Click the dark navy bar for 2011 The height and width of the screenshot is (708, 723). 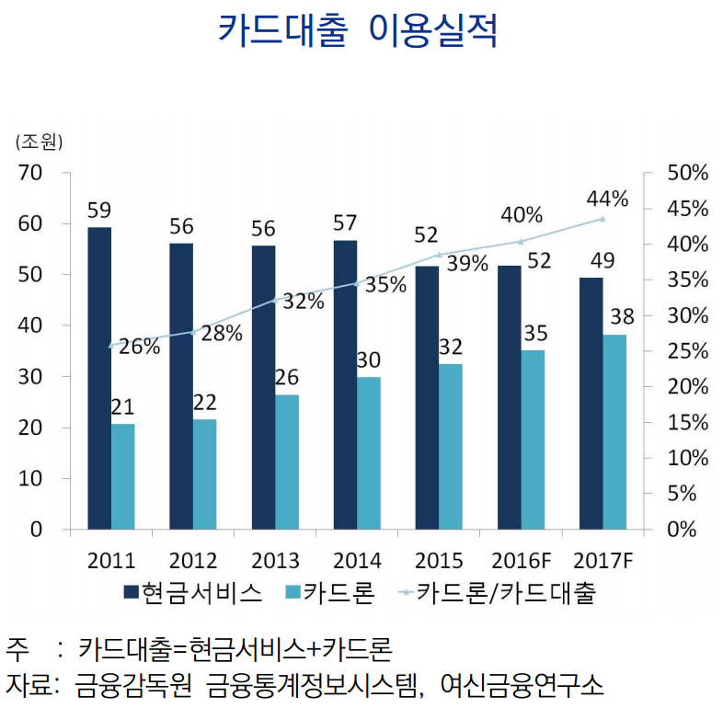(x=99, y=378)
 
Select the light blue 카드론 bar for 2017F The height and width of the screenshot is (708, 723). (x=614, y=432)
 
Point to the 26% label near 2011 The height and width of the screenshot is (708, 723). (x=139, y=347)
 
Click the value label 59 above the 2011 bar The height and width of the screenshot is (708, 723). (x=99, y=211)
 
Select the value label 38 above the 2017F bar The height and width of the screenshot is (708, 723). (x=622, y=317)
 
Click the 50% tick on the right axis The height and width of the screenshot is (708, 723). (x=688, y=173)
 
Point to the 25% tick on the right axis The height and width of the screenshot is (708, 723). (x=688, y=351)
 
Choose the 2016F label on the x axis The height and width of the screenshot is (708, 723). (x=520, y=560)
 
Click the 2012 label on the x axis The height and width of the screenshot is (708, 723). (x=193, y=560)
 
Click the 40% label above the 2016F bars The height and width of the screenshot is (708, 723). (x=522, y=215)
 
